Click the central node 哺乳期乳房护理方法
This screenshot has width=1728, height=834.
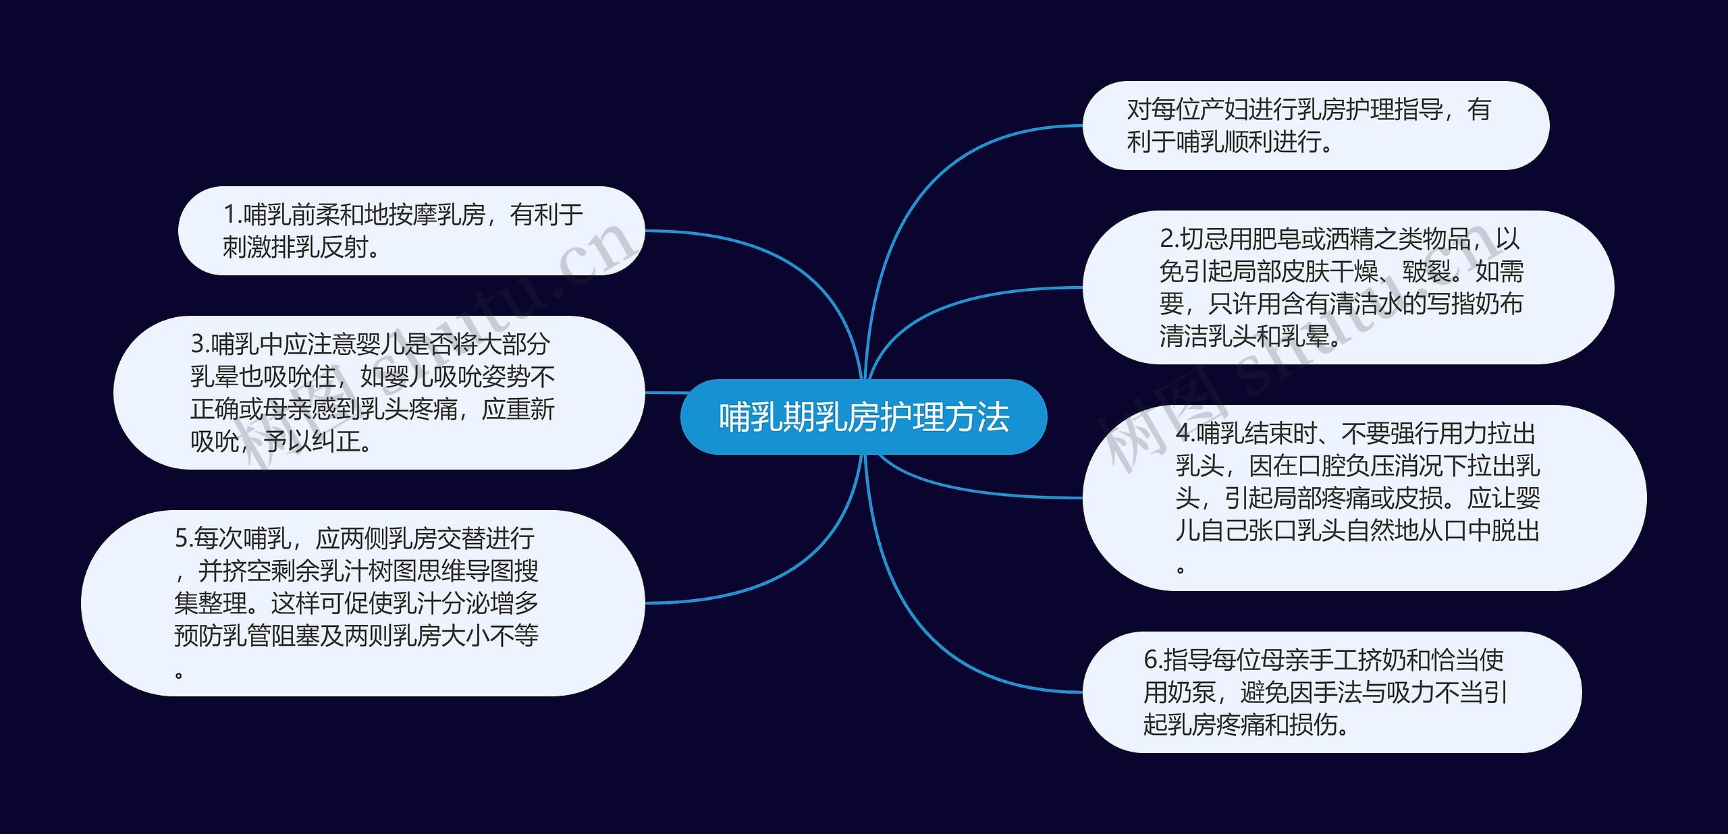pos(863,417)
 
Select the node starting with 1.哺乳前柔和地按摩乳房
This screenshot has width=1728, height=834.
pos(411,231)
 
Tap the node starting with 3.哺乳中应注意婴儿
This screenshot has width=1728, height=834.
pos(379,393)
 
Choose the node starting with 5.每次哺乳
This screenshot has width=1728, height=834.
pos(362,603)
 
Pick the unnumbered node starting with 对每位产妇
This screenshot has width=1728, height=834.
pos(1316,126)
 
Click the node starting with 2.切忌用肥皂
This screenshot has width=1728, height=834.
pos(1348,287)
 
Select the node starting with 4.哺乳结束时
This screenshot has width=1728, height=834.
pos(1364,498)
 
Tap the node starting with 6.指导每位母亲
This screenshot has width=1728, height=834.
pos(1332,692)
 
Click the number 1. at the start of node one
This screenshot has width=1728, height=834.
pos(232,215)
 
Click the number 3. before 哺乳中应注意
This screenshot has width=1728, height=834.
pos(200,344)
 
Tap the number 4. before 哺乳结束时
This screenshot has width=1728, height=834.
pos(1186,433)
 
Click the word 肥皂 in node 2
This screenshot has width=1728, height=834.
pos(1276,239)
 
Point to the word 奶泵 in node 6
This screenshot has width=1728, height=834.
pos(1191,692)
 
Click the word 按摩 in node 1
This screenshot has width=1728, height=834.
pos(412,215)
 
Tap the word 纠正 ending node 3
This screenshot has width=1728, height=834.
pos(337,441)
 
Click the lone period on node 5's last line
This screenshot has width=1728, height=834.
pos(179,673)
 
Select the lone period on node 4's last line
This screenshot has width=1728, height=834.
pos(1181,568)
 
